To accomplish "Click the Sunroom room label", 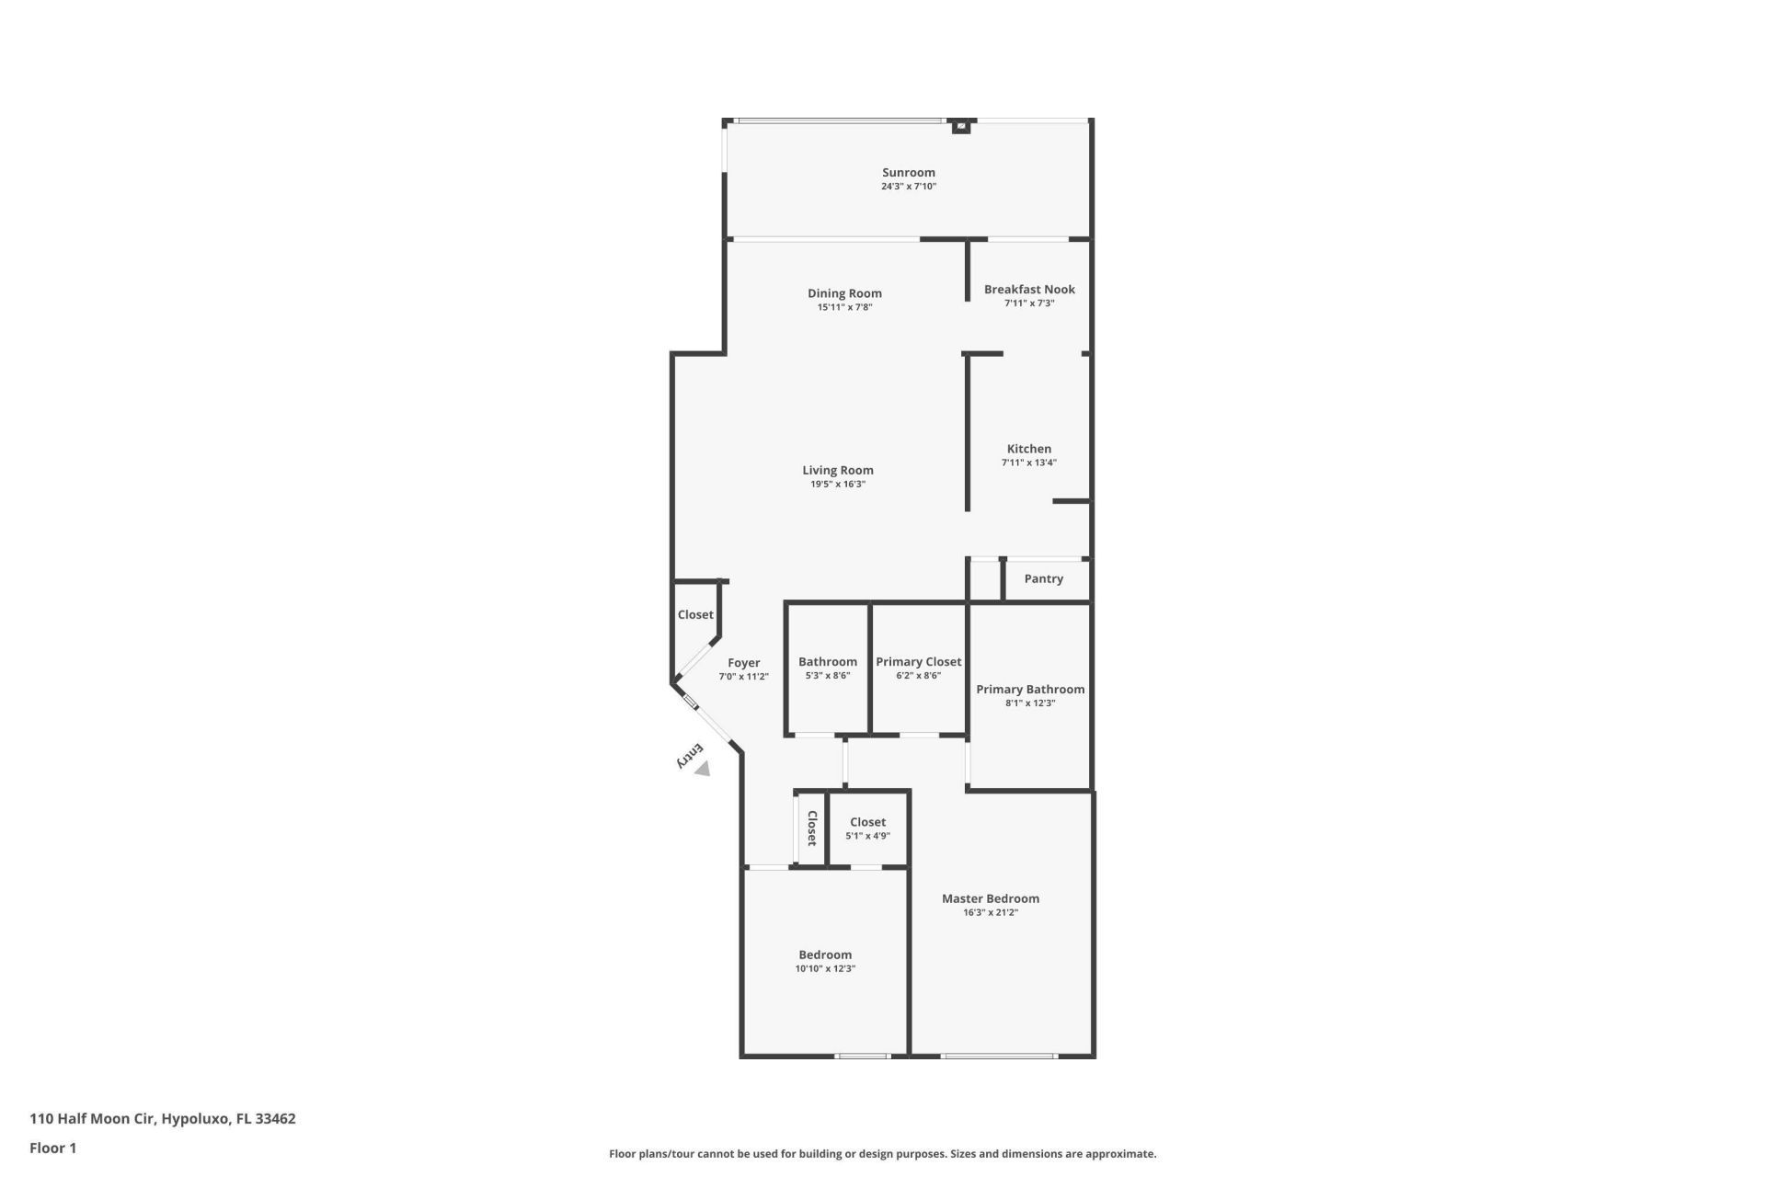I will (x=908, y=173).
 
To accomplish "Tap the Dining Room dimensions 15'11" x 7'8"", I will (x=844, y=307).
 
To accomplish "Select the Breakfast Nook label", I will (x=1029, y=290).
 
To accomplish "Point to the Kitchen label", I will (x=1028, y=449).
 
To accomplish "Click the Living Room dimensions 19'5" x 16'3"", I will (x=837, y=485).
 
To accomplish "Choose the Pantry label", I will (x=1043, y=578).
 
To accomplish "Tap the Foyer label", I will (x=743, y=662).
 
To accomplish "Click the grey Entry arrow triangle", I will (x=703, y=769).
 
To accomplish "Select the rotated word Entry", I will (x=690, y=755).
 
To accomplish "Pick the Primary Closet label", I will (x=918, y=662).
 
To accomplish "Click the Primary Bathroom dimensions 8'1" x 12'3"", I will (x=1029, y=703).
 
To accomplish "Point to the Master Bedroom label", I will (x=990, y=898).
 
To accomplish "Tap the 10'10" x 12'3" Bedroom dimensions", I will (x=825, y=968).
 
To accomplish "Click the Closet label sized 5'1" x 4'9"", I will (x=867, y=823).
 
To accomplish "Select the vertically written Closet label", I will (x=812, y=828).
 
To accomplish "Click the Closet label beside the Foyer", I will (x=695, y=615).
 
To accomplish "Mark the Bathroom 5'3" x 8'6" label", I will (x=827, y=662).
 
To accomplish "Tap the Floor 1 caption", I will (x=52, y=1148).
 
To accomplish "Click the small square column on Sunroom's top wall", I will (x=960, y=126).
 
